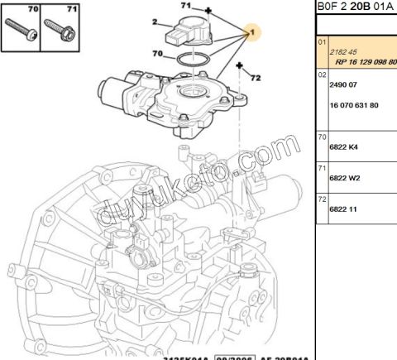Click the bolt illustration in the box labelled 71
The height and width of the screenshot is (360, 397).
coord(60,31)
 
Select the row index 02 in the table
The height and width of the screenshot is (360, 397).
coord(323,74)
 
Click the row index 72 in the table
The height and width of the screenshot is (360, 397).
coord(323,199)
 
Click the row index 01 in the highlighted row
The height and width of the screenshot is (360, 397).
coord(323,41)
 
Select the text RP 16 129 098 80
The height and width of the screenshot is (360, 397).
coord(364,60)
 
